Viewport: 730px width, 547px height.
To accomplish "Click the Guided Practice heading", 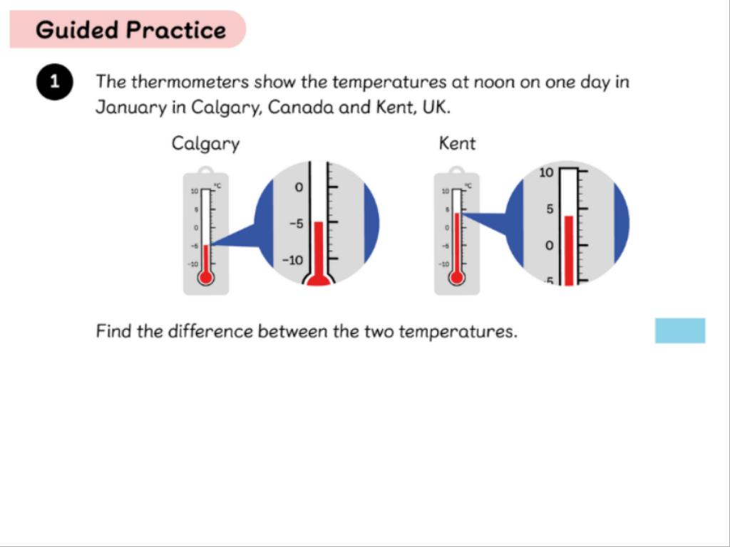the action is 131,30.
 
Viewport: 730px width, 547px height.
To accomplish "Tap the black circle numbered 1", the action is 54,82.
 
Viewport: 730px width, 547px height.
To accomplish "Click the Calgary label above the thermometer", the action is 205,144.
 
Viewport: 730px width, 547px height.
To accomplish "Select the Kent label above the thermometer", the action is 457,143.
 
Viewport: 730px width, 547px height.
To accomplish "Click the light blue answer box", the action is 680,330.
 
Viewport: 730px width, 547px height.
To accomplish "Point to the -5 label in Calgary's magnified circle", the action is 296,224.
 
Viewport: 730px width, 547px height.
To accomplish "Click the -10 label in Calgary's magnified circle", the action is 292,260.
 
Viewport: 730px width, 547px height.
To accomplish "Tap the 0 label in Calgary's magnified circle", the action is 299,187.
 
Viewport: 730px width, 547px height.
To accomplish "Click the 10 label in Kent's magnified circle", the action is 546,172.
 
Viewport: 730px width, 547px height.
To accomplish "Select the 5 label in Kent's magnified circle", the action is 550,209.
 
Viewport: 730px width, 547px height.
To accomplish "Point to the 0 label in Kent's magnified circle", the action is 550,245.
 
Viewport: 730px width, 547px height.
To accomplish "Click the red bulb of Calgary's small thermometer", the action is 205,277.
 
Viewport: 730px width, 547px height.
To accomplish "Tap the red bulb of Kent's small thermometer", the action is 457,277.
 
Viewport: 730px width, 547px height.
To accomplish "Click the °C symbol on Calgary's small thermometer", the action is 217,186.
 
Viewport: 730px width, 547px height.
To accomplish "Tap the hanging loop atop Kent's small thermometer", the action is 457,170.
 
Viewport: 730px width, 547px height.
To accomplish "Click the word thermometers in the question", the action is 190,82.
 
